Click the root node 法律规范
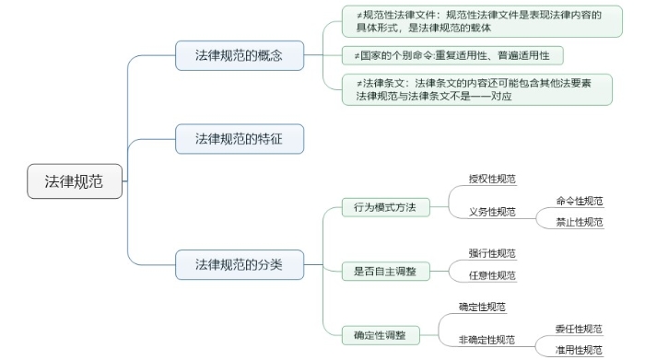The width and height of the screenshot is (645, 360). click(x=75, y=181)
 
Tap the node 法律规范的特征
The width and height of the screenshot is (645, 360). click(x=239, y=139)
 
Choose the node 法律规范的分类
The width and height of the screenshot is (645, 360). click(x=239, y=265)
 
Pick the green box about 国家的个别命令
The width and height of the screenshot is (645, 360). click(x=452, y=55)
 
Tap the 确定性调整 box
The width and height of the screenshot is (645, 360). click(x=380, y=333)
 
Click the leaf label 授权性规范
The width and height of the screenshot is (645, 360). click(x=492, y=179)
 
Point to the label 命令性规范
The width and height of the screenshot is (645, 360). click(x=579, y=201)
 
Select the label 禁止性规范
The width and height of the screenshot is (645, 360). click(x=579, y=222)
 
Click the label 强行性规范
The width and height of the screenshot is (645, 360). click(x=492, y=253)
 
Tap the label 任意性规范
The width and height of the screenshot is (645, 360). click(x=492, y=274)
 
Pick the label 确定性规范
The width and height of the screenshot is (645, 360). click(x=482, y=307)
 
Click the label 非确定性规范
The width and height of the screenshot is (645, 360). click(x=487, y=340)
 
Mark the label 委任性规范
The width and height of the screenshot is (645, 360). click(x=579, y=329)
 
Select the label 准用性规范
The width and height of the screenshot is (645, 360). click(x=579, y=350)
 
